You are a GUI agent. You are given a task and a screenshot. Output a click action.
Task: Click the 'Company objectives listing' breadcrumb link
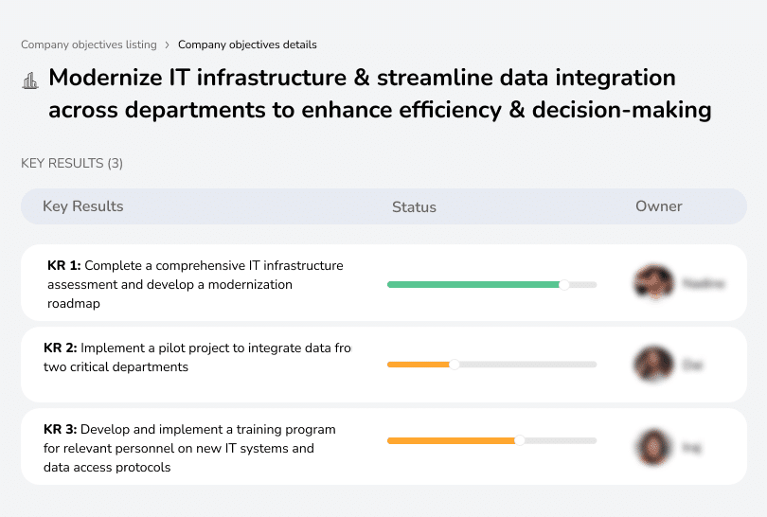(88, 45)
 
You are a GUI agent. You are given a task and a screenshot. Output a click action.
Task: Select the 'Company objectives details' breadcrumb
(247, 45)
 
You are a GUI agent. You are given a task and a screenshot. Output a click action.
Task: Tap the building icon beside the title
(29, 80)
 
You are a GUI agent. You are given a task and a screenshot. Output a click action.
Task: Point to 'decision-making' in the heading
(621, 110)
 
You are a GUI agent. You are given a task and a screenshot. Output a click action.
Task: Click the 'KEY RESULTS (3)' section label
(72, 163)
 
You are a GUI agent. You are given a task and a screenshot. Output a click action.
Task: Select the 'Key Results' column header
(83, 206)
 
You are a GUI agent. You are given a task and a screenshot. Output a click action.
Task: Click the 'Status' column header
(414, 206)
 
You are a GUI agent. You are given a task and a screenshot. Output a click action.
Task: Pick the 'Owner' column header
(659, 206)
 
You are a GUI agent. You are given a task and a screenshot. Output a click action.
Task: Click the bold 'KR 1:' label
(63, 266)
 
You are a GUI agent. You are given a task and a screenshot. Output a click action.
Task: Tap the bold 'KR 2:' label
(61, 348)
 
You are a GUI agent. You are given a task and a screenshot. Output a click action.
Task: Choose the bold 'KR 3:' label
(61, 430)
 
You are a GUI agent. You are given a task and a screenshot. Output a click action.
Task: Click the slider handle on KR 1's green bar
(564, 284)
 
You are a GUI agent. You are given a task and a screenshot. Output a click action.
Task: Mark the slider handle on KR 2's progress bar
(454, 365)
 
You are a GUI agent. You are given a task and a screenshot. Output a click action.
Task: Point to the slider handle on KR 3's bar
(519, 440)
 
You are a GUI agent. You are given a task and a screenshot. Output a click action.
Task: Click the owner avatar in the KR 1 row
(653, 283)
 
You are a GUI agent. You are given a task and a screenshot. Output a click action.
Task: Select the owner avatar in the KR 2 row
(653, 365)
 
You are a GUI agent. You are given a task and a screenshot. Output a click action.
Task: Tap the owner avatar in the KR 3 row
(653, 447)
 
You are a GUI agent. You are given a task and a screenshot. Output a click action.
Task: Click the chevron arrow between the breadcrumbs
(167, 45)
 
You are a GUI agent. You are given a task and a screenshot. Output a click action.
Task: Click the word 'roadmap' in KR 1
(74, 304)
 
